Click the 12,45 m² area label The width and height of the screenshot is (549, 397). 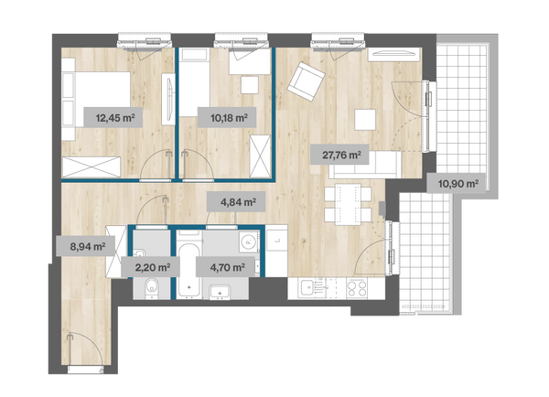113,118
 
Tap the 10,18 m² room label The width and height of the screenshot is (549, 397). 227,118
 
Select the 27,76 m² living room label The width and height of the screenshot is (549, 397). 339,155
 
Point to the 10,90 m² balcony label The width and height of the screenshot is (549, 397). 456,183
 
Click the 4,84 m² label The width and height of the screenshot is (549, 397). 236,201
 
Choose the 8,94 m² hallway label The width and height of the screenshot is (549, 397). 86,246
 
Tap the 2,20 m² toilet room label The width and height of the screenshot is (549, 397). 151,267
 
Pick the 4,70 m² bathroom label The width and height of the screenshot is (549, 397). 225,267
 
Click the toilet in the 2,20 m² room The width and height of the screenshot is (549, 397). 152,288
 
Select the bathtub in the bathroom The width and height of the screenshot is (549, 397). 189,270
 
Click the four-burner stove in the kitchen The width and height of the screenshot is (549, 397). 357,288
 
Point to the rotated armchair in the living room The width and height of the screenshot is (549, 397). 307,81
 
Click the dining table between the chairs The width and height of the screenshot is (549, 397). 348,205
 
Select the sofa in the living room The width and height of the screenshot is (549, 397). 365,165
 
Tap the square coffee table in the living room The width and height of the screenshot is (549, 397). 365,120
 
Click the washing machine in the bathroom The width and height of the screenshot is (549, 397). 249,241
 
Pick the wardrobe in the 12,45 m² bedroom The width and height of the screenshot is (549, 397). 91,167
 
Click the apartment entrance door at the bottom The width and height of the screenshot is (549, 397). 85,369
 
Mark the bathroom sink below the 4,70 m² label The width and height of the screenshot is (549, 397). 220,292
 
